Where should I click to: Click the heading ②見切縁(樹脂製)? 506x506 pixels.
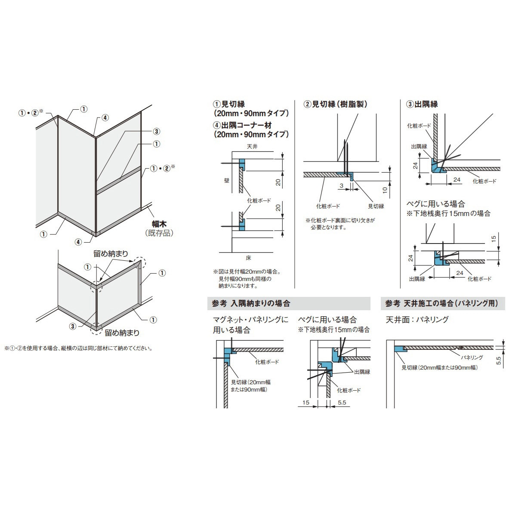pos(335,104)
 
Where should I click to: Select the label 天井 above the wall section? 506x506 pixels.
pos(252,146)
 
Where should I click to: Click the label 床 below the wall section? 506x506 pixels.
pos(248,258)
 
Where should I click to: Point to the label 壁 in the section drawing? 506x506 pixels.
pos(226,180)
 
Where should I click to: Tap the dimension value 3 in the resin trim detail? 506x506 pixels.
pos(342,185)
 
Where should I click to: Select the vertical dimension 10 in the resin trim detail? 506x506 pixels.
pos(385,190)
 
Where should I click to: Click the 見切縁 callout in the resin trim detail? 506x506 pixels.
pos(376,206)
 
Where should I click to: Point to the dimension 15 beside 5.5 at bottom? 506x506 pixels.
pos(305,402)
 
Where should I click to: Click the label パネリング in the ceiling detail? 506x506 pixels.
pos(472,357)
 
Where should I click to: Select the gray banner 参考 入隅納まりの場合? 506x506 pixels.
pos(289,303)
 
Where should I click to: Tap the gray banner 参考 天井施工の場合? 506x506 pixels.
pos(443,303)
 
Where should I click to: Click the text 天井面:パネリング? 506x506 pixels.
pos(417,319)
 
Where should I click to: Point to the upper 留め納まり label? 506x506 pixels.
pos(111,254)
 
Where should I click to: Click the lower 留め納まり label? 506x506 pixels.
pos(122,333)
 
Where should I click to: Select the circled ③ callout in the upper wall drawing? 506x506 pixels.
pos(157,131)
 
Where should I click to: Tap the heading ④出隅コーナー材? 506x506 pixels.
pos(242,125)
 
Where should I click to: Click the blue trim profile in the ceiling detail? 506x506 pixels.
pos(399,349)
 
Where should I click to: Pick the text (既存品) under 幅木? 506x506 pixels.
pos(159,233)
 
